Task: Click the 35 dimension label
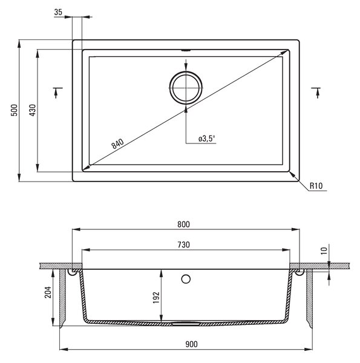coord(58,12)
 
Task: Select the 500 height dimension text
coord(15,110)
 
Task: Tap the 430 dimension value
coord(33,110)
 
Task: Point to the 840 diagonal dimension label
coord(117,144)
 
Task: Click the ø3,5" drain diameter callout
coord(207,139)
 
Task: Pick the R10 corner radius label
coord(316,186)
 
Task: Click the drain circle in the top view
coord(186,88)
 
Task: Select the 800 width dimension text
coord(183,224)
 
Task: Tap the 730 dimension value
coord(183,244)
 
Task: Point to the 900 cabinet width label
coord(191,344)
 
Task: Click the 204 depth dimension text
coord(48,292)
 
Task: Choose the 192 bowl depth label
coord(156,298)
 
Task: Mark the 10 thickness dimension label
coord(324,250)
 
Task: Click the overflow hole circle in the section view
coord(186,279)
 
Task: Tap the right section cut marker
coord(316,93)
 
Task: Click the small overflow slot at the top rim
coord(186,50)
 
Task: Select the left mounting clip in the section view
coord(72,273)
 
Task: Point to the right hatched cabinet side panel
coord(310,298)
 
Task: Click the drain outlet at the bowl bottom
coord(186,324)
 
